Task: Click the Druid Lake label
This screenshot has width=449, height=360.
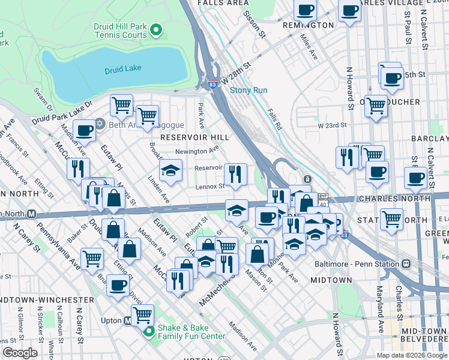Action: [x=122, y=68]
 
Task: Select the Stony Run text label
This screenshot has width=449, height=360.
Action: [x=249, y=91]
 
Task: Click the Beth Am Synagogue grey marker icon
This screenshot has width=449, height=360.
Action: [x=100, y=125]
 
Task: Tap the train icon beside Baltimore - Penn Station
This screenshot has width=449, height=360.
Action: [x=406, y=263]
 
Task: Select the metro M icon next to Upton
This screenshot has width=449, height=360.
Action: [x=127, y=321]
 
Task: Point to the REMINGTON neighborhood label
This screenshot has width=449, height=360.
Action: [x=312, y=25]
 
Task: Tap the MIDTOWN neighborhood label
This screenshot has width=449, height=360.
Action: [x=332, y=280]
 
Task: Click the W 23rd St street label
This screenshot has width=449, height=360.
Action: [x=333, y=125]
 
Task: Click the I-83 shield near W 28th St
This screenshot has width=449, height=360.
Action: [x=212, y=84]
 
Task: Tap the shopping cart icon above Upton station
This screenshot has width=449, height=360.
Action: [x=142, y=314]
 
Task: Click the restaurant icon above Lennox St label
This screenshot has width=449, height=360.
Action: [x=236, y=173]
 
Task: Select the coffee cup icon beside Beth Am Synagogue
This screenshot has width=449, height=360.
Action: [x=85, y=130]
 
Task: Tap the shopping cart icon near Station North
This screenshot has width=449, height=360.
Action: [x=392, y=218]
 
